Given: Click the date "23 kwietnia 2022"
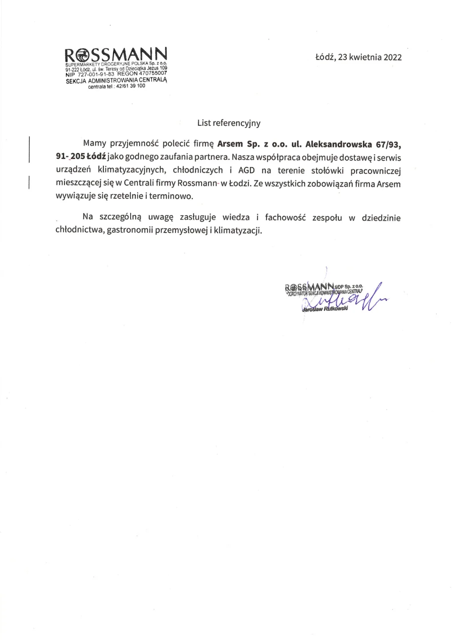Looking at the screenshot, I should [369, 57].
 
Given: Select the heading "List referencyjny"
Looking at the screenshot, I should [229, 123].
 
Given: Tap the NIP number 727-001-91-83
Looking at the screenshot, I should [96, 74].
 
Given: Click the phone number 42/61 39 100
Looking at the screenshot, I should [131, 86].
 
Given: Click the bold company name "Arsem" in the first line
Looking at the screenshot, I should [230, 144].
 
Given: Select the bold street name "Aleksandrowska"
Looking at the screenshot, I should [338, 144].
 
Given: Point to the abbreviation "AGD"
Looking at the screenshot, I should [246, 170].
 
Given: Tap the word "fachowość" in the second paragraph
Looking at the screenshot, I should [285, 217].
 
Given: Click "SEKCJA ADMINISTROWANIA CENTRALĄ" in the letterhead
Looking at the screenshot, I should [116, 80].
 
